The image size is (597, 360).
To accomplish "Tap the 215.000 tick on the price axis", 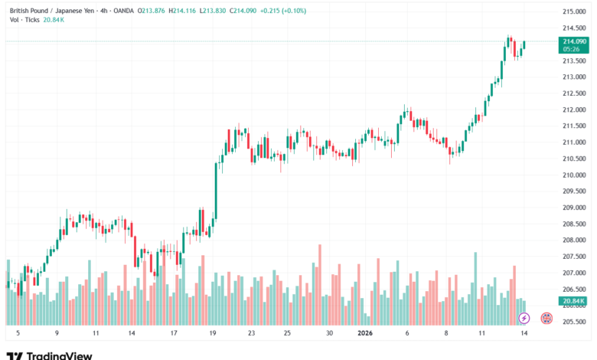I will tap(573, 12).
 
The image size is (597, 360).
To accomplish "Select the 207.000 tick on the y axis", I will tap(573, 273).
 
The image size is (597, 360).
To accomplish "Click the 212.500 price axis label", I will tap(573, 93).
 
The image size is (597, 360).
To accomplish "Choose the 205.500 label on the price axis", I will tap(573, 322).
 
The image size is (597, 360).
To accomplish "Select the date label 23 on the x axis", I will tap(252, 334).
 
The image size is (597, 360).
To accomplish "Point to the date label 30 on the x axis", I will tap(328, 334).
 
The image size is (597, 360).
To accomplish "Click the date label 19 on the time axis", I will tap(212, 334).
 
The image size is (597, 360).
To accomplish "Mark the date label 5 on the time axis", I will tap(18, 334).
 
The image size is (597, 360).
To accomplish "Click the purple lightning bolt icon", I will tap(524, 317).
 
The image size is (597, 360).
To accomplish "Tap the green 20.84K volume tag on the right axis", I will tap(573, 302).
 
